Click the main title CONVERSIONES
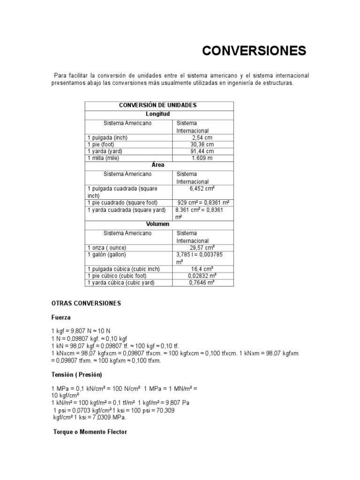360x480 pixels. pos(254,51)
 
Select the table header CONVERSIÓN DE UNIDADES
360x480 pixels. pos(157,105)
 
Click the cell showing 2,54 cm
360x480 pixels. pos(202,137)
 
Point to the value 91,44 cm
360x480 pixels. pos(202,151)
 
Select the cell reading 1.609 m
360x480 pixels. pos(202,158)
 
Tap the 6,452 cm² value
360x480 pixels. pos(202,188)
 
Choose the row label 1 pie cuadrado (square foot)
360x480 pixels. pos(119,202)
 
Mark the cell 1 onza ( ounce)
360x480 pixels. pos(107,247)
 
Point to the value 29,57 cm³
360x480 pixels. pos(202,247)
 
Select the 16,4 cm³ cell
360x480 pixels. pos(202,269)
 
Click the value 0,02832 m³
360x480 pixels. pos(202,276)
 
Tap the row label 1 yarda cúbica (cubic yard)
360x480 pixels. pos(120,283)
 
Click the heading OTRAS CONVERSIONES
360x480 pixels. pos(86,303)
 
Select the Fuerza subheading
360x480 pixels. pos(61,317)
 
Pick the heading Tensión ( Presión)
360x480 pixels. pos(76,375)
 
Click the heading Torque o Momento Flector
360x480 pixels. pos(90,431)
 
